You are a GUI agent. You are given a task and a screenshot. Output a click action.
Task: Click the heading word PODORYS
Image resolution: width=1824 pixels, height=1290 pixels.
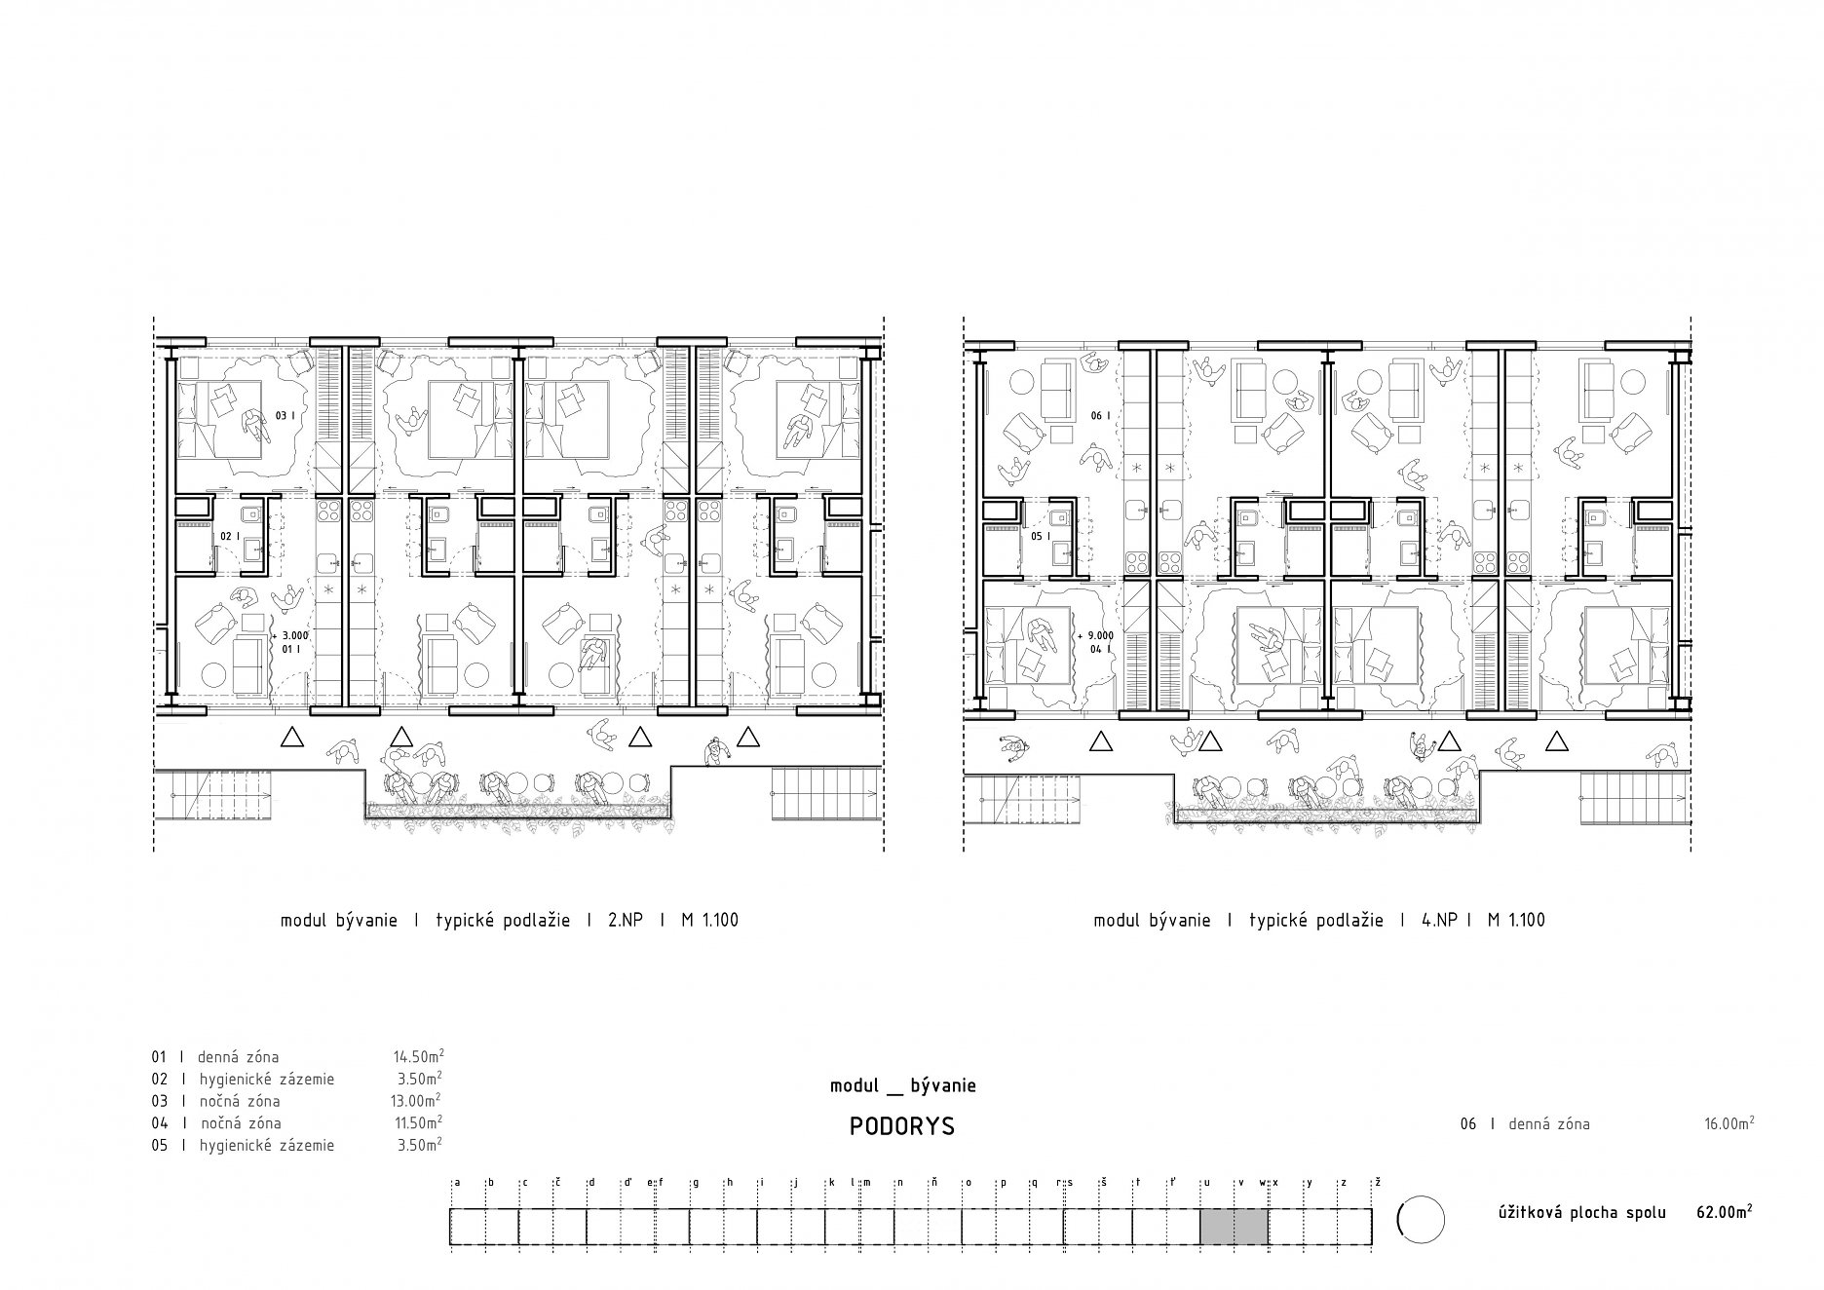pos(902,1126)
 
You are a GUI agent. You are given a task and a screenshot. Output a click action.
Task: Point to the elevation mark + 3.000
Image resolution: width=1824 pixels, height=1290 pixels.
pos(290,634)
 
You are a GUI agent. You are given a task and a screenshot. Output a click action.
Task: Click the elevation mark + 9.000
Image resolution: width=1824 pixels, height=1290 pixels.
pos(1096,634)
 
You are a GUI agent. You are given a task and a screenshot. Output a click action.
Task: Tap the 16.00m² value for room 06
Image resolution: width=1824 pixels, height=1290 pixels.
pos(1729,1123)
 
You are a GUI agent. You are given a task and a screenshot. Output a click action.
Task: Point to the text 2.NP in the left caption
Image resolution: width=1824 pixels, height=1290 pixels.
pos(625,920)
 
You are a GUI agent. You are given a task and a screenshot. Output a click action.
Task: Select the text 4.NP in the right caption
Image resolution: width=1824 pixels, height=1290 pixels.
pos(1438,920)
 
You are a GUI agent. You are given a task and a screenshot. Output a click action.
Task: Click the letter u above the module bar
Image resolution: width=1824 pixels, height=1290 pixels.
pos(1208,1183)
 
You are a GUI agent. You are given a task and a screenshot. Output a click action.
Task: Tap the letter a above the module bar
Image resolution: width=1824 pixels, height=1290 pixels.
pos(457,1183)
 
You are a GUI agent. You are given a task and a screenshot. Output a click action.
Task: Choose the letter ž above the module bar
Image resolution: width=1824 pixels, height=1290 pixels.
pos(1378,1182)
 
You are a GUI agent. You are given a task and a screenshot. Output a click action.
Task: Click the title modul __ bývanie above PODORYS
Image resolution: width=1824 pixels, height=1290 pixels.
pos(903,1085)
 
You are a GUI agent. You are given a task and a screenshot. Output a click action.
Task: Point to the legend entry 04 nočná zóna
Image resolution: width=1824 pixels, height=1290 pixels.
pos(216,1123)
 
